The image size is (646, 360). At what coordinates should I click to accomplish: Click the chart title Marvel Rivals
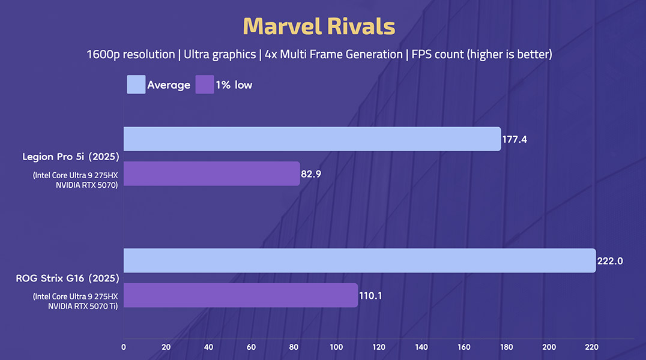319,27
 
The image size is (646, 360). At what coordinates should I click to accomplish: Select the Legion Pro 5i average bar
312,139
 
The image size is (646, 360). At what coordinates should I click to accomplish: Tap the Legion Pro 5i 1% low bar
211,173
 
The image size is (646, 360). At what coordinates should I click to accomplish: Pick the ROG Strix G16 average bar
360,260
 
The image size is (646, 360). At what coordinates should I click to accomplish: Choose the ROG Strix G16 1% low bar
240,295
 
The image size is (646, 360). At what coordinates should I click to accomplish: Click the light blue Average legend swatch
136,85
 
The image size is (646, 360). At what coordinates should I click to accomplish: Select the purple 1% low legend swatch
205,85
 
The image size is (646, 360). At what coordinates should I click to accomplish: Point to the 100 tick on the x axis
336,347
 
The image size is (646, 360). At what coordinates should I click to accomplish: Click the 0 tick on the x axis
124,347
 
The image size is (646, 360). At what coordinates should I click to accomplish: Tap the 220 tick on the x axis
591,347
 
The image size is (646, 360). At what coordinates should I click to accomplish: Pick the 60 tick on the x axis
251,347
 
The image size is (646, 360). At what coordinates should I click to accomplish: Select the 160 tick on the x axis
463,347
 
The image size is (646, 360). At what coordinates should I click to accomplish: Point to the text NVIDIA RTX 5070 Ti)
82,306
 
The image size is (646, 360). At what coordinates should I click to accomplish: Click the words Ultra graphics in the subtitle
220,55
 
